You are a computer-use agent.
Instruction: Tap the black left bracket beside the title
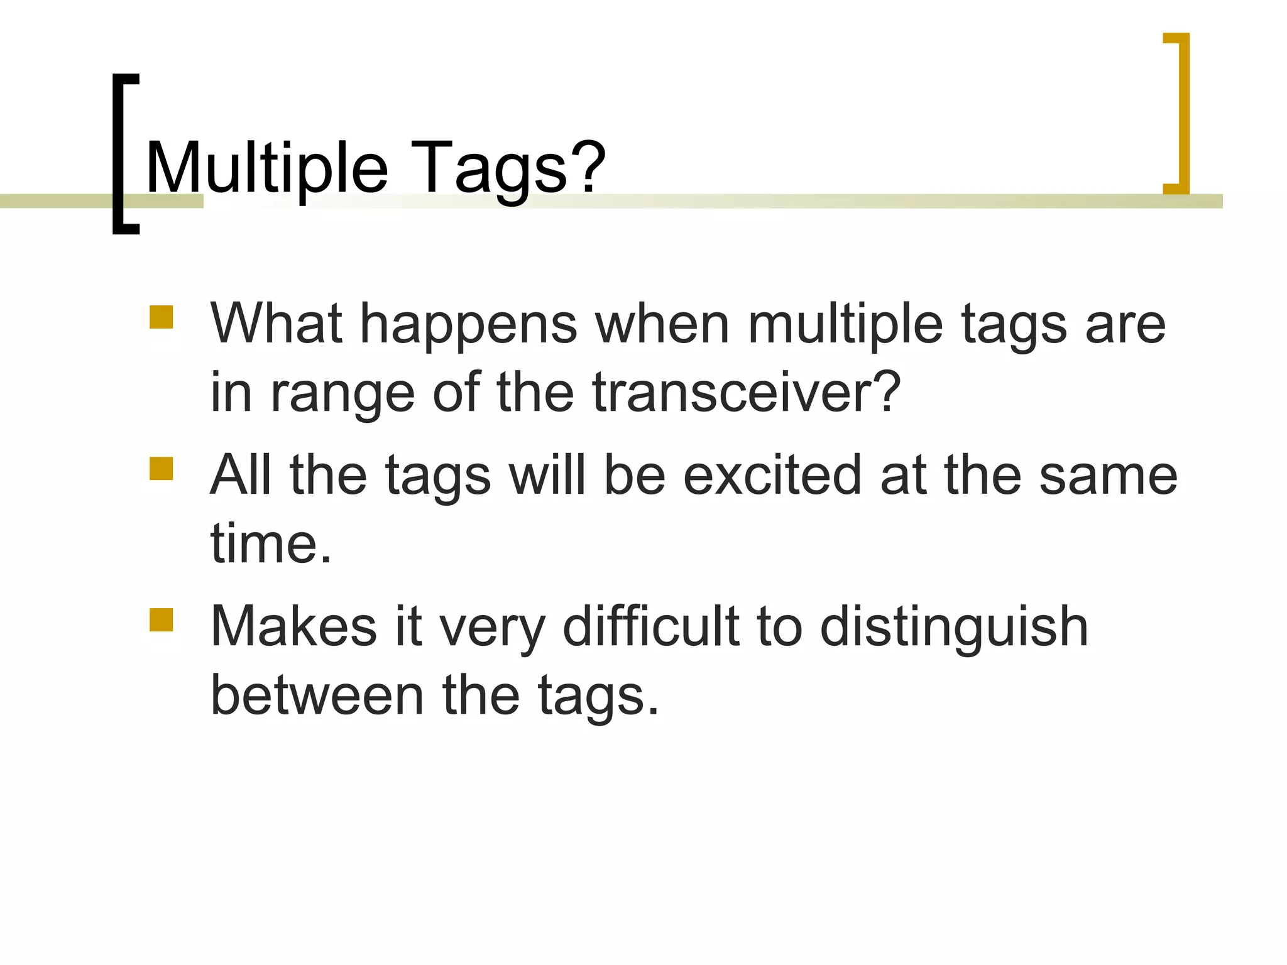coord(118,154)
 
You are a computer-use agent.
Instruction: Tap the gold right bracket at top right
coord(1183,113)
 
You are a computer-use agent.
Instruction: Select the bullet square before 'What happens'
coord(162,318)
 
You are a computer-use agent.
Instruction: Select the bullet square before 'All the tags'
coord(162,469)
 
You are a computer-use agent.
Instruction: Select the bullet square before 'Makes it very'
coord(162,620)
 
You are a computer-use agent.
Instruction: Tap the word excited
coord(772,476)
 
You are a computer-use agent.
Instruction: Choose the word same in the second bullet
coord(1108,476)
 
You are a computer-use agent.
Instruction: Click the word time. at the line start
coord(271,544)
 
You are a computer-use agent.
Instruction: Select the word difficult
coord(650,626)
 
